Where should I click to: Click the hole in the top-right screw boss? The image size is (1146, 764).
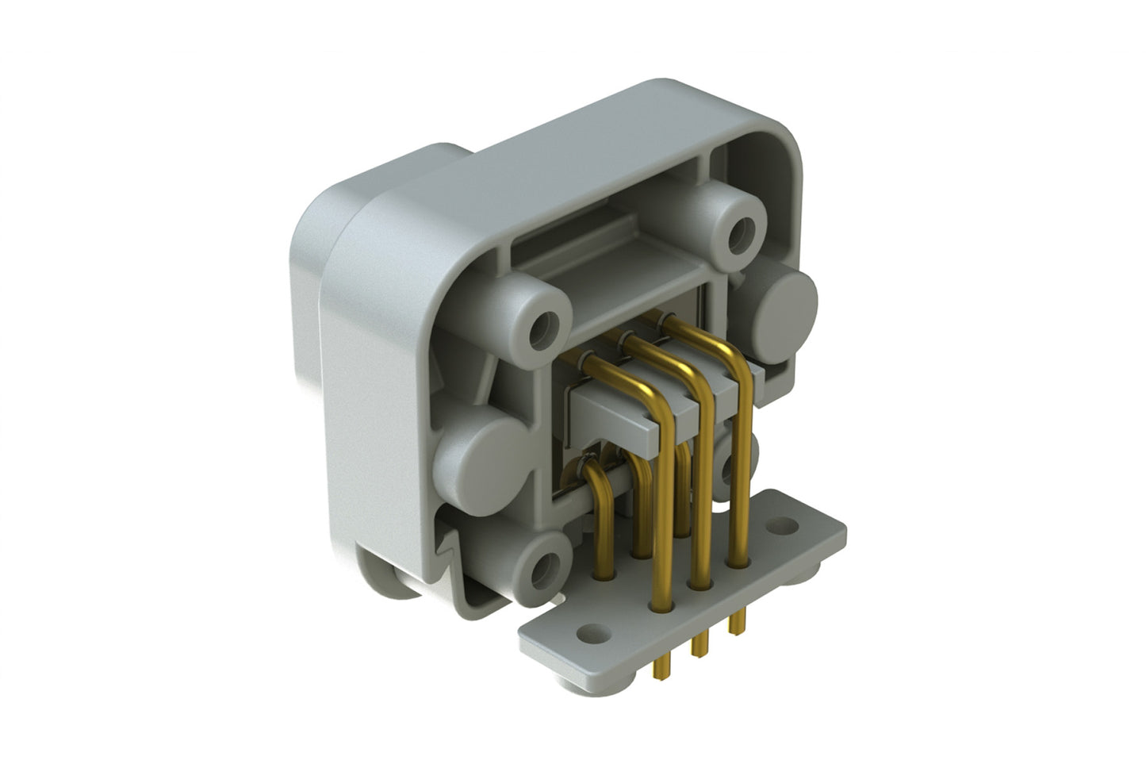point(742,232)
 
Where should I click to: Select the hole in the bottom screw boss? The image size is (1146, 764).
point(543,570)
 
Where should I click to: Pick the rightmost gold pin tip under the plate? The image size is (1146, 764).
point(738,624)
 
